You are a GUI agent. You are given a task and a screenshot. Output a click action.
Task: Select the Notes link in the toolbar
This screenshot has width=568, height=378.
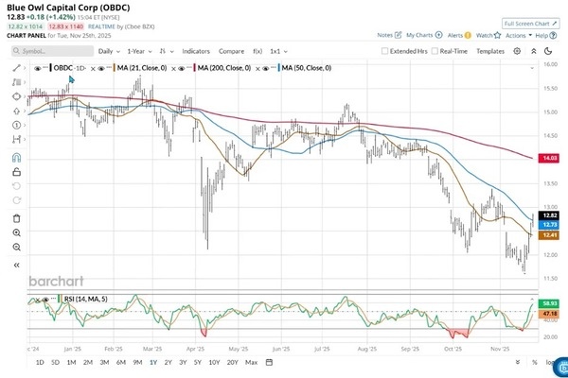[x=386, y=35]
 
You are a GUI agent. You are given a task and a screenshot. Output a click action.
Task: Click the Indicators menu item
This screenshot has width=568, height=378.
[x=197, y=51]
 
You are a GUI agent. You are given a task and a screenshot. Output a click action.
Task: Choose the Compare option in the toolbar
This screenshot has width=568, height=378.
[x=231, y=51]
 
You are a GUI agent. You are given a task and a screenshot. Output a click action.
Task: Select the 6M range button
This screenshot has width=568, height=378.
[x=119, y=363]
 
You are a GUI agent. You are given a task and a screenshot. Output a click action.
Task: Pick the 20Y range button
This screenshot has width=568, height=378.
[x=232, y=363]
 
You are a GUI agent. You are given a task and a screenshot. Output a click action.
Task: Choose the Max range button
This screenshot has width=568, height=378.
[x=251, y=363]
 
